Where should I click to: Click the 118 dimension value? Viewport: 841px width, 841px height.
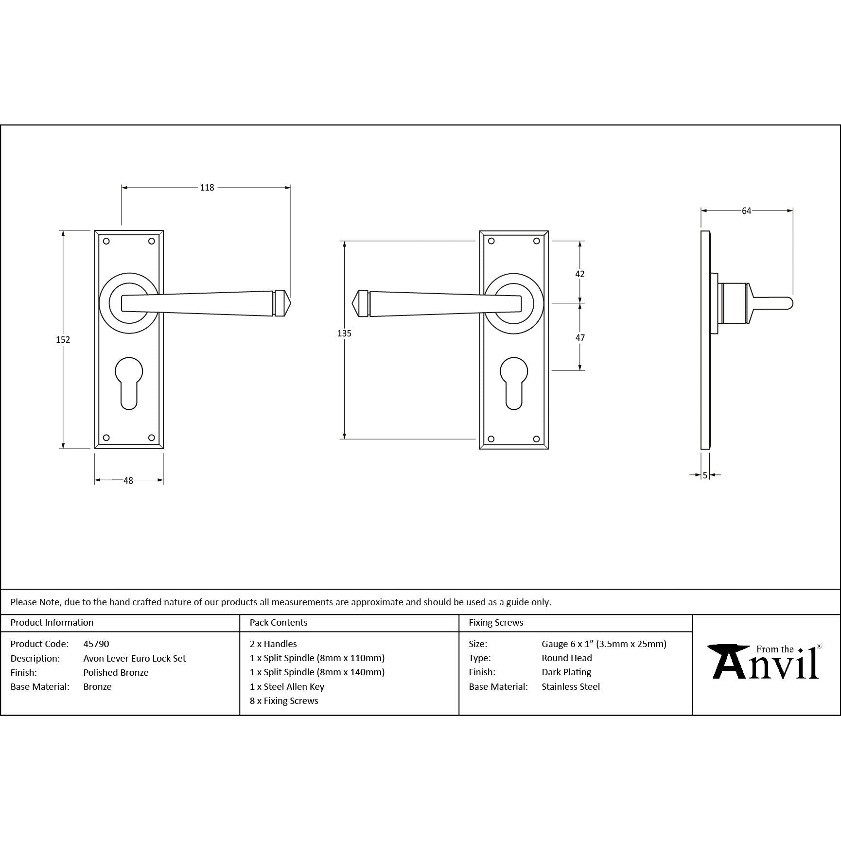tap(207, 188)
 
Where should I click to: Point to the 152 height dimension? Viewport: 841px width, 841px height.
tap(63, 340)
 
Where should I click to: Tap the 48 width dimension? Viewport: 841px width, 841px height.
tap(128, 481)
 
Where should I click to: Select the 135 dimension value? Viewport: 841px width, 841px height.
tap(344, 333)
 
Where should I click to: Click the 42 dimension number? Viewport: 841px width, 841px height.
tap(580, 274)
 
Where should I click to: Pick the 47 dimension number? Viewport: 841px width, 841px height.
tap(580, 338)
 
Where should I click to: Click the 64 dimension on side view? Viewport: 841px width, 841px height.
tap(747, 211)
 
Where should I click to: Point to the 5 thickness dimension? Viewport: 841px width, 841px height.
tap(705, 475)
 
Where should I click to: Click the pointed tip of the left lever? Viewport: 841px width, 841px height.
tap(291, 303)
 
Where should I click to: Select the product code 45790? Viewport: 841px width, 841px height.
tap(96, 644)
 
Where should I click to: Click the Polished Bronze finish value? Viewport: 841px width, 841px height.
tap(116, 673)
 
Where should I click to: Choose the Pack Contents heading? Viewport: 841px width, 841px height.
tap(279, 623)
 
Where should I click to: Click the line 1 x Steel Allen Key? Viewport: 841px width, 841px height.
tap(287, 687)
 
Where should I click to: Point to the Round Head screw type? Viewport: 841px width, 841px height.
tap(567, 658)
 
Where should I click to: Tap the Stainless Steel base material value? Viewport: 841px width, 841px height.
tap(571, 687)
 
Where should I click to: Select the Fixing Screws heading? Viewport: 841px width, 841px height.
tap(496, 623)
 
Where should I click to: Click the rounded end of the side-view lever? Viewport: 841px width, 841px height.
tap(789, 303)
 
